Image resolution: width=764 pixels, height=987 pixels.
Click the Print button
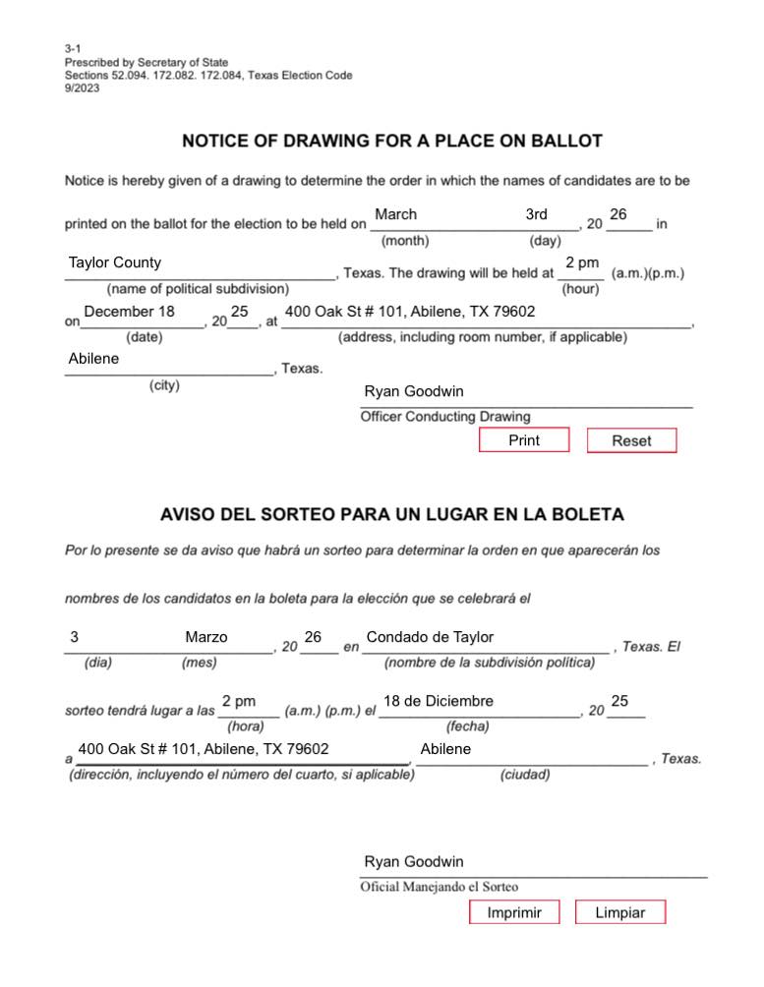pos(524,440)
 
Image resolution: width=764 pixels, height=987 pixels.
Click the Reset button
pos(631,441)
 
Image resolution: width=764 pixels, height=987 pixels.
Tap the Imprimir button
pos(514,913)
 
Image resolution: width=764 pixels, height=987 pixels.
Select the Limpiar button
pos(620,913)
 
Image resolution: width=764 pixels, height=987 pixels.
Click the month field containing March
pos(396,214)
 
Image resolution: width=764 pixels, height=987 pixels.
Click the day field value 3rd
pos(536,214)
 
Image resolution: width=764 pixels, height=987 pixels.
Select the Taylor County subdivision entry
pos(115,262)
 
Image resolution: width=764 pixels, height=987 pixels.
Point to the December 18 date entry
pos(130,312)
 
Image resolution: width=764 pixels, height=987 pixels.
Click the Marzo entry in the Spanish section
pos(206,637)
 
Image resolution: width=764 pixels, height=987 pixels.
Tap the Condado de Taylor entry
pos(430,637)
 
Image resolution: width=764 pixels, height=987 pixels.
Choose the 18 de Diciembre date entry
pos(439,701)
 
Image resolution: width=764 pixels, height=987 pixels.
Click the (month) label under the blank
pos(405,240)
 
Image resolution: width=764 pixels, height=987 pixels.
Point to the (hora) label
pos(246,726)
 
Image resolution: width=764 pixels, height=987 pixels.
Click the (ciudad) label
pos(525,775)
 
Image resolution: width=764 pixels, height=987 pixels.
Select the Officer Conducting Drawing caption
pos(445,417)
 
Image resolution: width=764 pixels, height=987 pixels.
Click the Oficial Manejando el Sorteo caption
pos(440,887)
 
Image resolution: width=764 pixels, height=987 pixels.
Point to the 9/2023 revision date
pos(83,87)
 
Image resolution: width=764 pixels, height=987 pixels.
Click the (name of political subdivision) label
pos(198,289)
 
